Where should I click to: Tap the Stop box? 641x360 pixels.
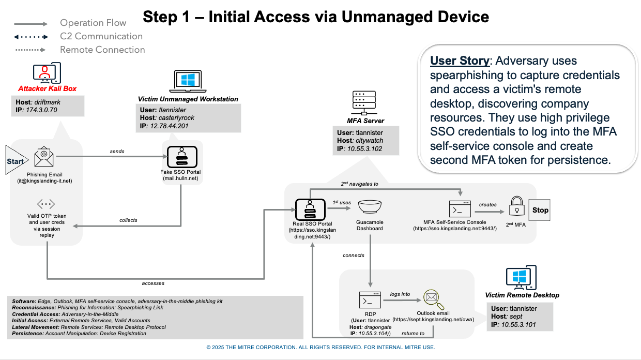pos(539,210)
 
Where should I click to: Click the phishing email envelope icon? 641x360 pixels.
pos(44,157)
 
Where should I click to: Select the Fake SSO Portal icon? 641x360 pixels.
pos(182,157)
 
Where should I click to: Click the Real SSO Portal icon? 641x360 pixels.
pos(310,209)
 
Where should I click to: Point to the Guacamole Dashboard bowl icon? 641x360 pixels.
pos(370,207)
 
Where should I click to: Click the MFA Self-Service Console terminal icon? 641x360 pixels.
pos(460,209)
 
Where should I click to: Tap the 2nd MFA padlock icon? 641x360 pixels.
pos(516,206)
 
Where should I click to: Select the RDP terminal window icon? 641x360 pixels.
pos(370,300)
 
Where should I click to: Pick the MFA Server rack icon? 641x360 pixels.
pos(364,103)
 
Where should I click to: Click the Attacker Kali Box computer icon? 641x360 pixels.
pos(47,73)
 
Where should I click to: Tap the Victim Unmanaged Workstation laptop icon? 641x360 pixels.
pos(188,81)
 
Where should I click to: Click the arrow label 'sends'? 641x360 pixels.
pos(117,151)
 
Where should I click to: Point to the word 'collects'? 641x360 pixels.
pos(128,220)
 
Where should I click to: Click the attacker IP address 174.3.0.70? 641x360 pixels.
pos(41,110)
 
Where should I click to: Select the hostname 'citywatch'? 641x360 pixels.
pos(370,141)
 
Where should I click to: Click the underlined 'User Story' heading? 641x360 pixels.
pos(460,61)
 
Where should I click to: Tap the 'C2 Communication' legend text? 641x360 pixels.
pos(101,36)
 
